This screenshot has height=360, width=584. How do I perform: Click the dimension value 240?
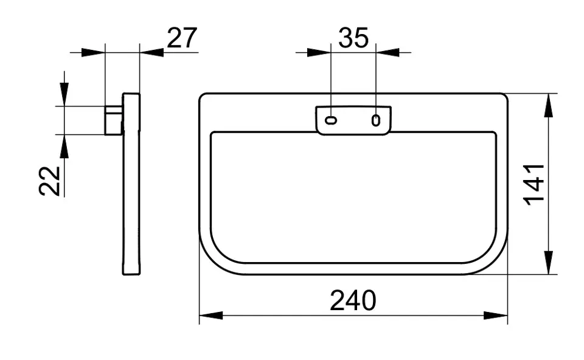tap(353, 300)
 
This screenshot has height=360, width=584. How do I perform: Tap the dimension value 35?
tap(353, 38)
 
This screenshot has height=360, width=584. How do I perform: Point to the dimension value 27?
tap(182, 38)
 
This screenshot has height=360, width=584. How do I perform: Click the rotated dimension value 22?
tap(49, 181)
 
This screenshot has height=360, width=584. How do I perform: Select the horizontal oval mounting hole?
tap(331, 120)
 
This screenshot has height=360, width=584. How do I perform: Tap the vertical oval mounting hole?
tap(376, 120)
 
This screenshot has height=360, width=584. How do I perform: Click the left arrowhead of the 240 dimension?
tap(211, 316)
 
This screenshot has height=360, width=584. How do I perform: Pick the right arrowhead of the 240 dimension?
tap(496, 316)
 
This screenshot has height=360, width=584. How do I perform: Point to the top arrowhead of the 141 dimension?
tap(548, 105)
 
